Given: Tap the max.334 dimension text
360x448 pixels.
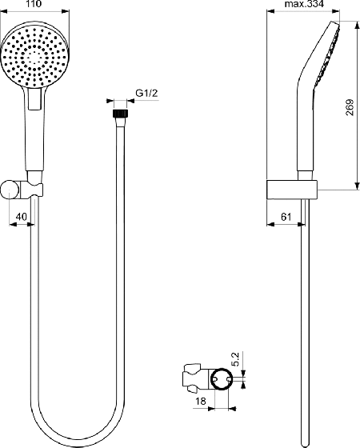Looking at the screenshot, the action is point(304,4).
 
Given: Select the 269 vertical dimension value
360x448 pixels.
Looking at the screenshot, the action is point(350,107).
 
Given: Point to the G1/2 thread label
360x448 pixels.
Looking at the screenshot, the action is point(146,93).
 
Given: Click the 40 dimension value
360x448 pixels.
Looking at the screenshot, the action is point(21,217).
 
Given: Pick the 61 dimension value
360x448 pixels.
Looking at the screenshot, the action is point(286,217).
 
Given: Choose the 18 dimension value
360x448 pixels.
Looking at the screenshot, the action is point(201,401).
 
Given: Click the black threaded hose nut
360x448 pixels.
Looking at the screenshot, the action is point(121,113).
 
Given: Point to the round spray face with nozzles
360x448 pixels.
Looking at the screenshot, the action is point(35,54).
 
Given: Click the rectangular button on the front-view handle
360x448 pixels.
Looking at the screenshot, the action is point(35,98).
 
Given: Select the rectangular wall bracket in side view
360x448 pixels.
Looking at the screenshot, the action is point(292,190).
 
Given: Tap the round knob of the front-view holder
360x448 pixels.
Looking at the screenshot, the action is point(10,189).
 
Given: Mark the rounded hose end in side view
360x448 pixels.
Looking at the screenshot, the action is point(306,443).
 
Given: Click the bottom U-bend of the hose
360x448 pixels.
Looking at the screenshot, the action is point(78,446).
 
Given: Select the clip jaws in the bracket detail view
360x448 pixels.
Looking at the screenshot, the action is point(192,378).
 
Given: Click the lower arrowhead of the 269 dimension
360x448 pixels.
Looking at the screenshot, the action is point(357,186).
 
